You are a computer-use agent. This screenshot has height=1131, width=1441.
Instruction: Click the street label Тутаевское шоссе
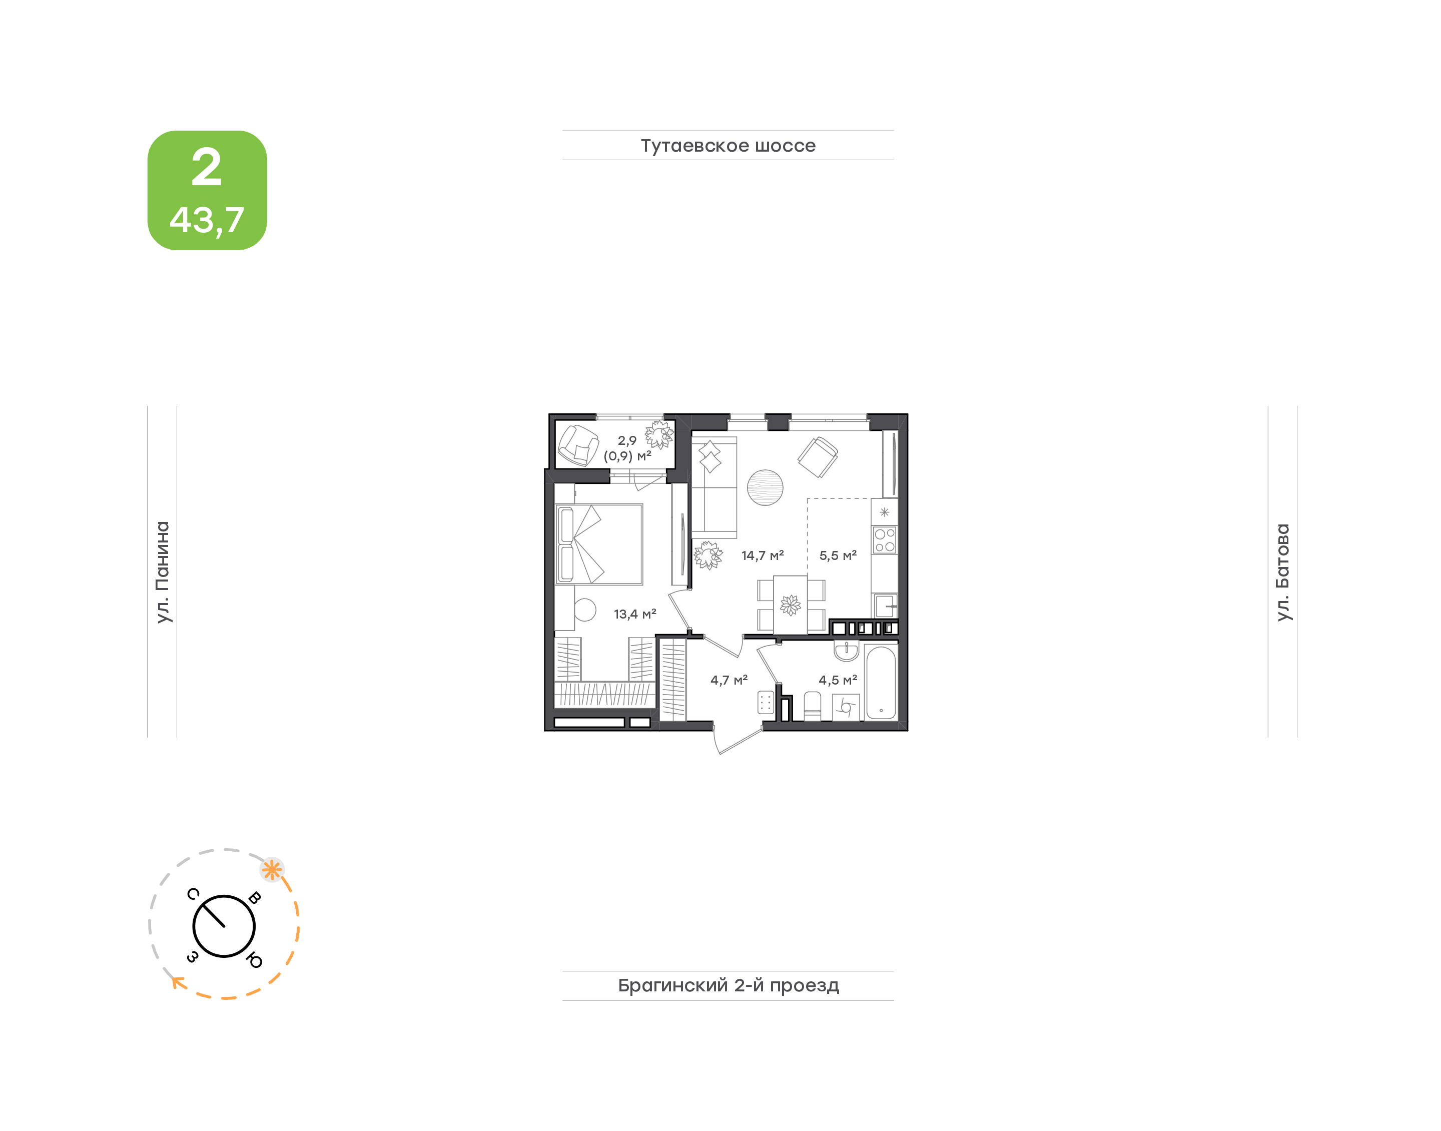pyautogui.click(x=728, y=146)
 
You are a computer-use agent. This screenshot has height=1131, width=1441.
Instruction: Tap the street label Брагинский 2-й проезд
pyautogui.click(x=728, y=985)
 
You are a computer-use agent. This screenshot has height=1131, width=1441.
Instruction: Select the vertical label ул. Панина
pyautogui.click(x=162, y=572)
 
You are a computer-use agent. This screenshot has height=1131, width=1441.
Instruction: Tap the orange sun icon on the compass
pyautogui.click(x=271, y=869)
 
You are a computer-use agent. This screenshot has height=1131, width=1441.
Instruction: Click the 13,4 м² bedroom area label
pyautogui.click(x=635, y=614)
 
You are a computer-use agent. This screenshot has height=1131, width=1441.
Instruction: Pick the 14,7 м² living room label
pyautogui.click(x=763, y=555)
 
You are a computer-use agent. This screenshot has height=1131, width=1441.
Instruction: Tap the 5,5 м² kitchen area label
pyautogui.click(x=838, y=555)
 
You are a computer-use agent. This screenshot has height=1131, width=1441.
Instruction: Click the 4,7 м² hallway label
pyautogui.click(x=729, y=680)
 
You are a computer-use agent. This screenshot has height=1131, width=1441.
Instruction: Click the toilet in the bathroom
pyautogui.click(x=812, y=706)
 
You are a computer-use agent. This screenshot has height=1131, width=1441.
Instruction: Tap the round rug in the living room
pyautogui.click(x=765, y=487)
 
